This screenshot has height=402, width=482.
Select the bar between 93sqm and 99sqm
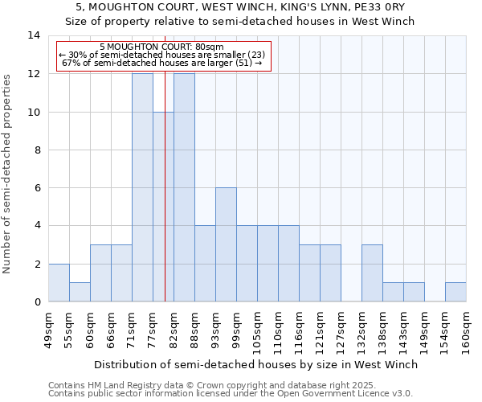click(x=226, y=244)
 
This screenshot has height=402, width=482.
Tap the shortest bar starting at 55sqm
click(x=80, y=292)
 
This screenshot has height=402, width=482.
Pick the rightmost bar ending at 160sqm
click(x=455, y=292)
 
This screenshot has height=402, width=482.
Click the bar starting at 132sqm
click(x=372, y=273)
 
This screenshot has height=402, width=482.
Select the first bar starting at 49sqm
click(x=59, y=283)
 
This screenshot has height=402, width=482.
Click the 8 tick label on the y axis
click(x=36, y=150)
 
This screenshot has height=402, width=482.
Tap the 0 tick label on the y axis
click(x=36, y=302)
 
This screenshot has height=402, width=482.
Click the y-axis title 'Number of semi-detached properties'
click(x=7, y=174)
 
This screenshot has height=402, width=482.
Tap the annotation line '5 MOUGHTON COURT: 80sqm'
click(x=165, y=47)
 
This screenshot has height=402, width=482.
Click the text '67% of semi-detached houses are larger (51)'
click(x=161, y=63)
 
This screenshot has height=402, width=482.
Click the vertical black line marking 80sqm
click(x=165, y=201)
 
